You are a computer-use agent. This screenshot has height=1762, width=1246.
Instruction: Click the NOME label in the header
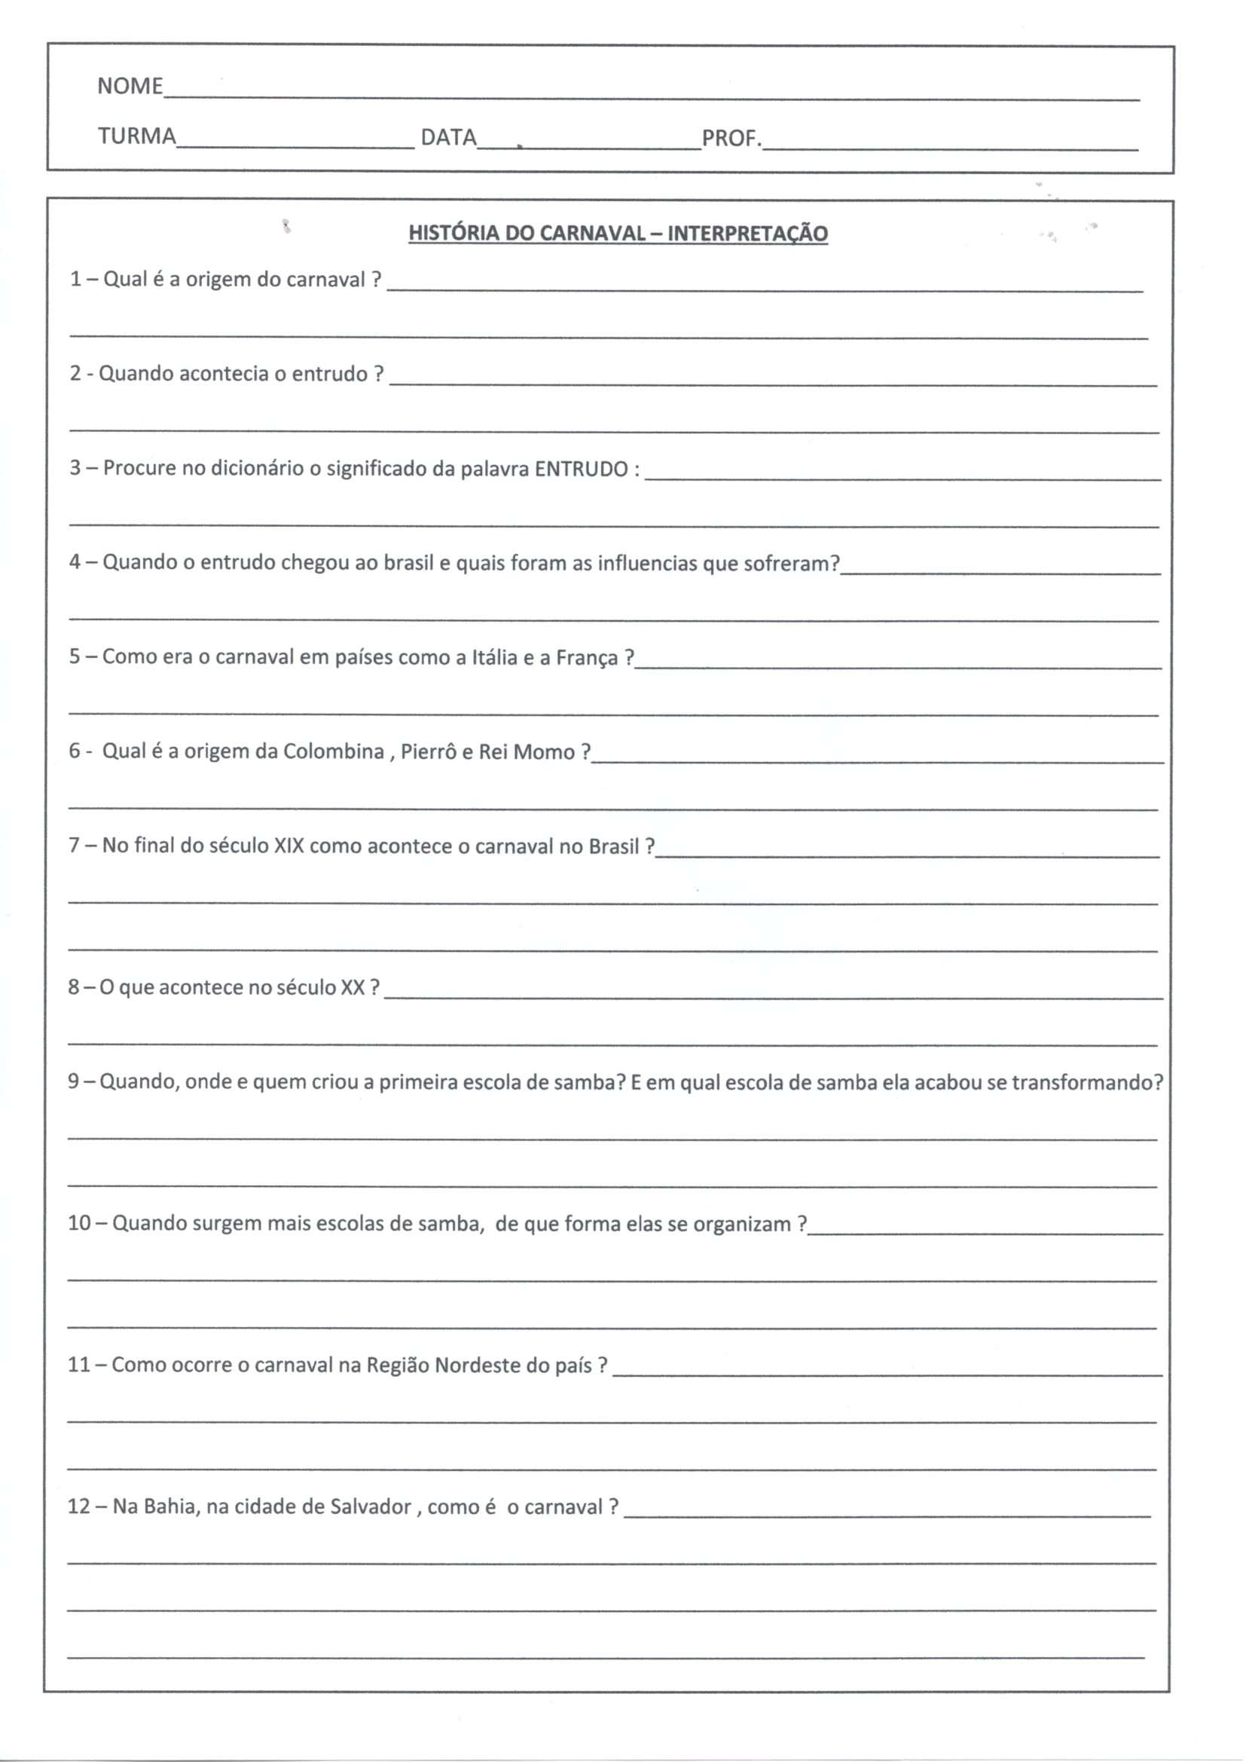(x=130, y=86)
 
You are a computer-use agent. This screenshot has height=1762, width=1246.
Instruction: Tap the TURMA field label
(x=136, y=136)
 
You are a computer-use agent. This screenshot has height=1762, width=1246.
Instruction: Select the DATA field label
(x=448, y=137)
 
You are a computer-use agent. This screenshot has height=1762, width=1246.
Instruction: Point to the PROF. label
(x=731, y=139)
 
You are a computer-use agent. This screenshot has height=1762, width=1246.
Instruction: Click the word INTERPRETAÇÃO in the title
(x=747, y=234)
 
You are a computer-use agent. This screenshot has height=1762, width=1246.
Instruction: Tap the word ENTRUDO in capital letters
(x=581, y=469)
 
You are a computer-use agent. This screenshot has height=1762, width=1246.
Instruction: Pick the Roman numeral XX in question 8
(x=352, y=987)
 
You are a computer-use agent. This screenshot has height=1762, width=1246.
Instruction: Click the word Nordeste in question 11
(x=472, y=1366)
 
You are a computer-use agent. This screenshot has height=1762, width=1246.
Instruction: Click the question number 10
(x=79, y=1223)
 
